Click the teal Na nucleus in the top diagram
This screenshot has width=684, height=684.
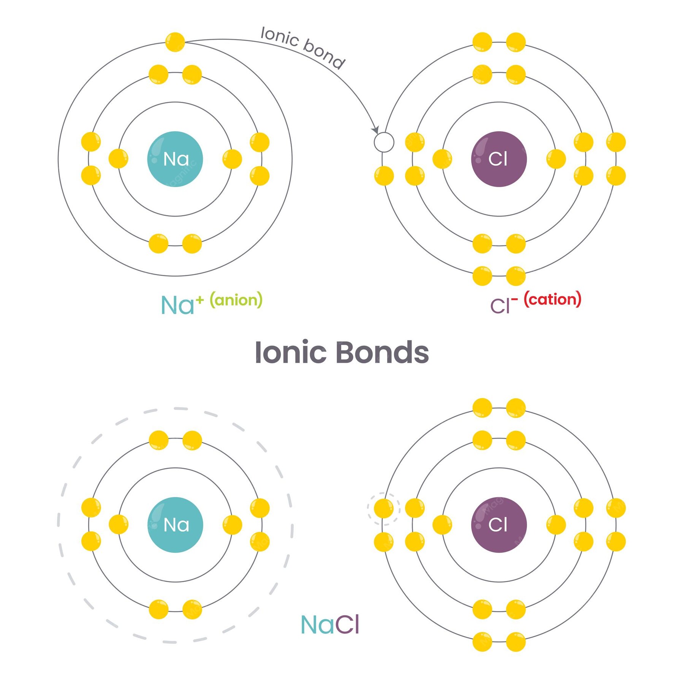(x=175, y=159)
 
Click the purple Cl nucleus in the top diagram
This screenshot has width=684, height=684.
(x=499, y=159)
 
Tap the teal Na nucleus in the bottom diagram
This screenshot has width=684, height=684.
(x=175, y=525)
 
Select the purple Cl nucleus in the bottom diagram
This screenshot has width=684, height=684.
(x=499, y=525)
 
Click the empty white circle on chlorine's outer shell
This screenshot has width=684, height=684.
(x=384, y=142)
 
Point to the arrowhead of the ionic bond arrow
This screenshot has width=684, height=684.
(x=375, y=129)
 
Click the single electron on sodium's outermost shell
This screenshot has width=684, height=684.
(x=175, y=42)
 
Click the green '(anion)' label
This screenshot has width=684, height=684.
(x=236, y=300)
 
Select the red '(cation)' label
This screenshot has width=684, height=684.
(x=553, y=299)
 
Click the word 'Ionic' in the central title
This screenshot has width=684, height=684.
(x=291, y=352)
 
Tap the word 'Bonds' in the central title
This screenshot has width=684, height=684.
(x=383, y=352)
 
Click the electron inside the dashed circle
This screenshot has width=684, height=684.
(x=384, y=508)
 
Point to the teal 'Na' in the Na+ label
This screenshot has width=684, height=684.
(x=177, y=305)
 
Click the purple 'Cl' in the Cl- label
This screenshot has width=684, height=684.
(x=500, y=306)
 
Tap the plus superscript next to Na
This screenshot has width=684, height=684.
(x=200, y=300)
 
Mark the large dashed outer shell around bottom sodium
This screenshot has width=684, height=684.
(x=175, y=525)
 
